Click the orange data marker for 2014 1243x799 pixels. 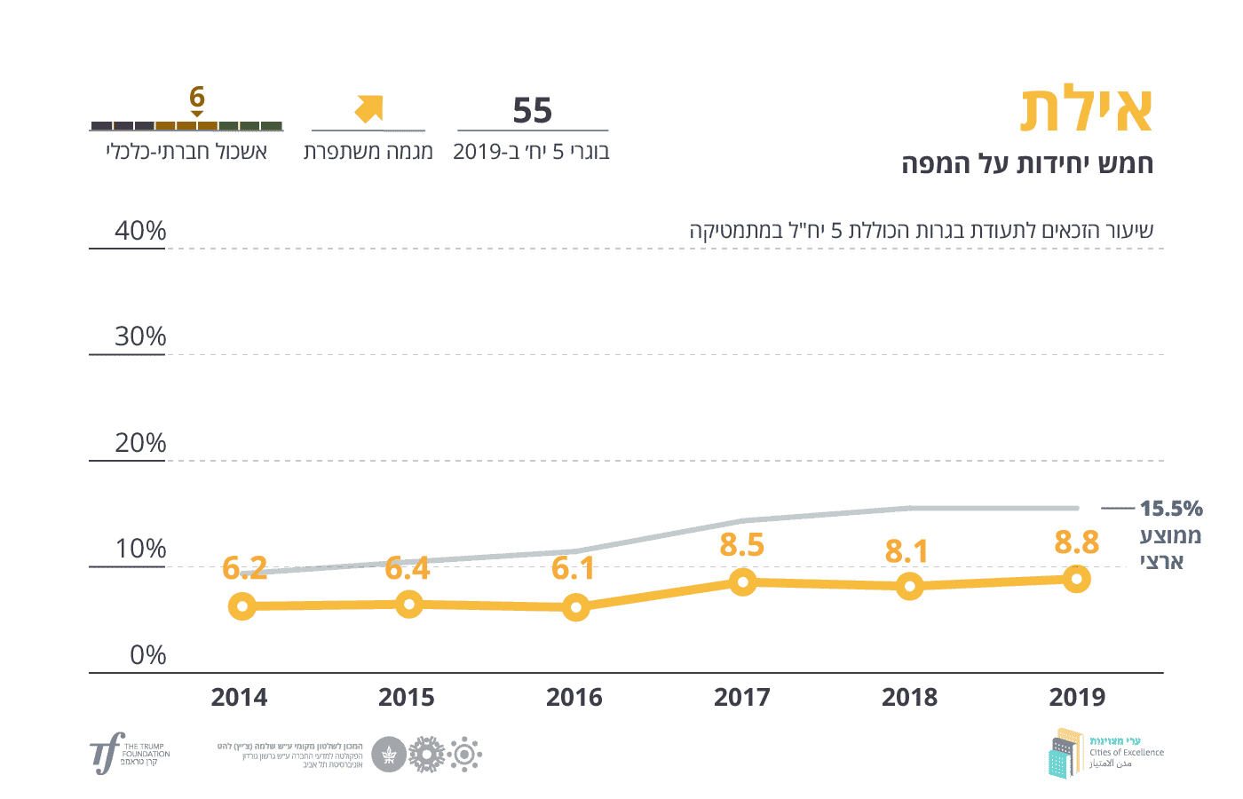click(241, 607)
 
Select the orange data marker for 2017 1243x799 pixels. click(743, 582)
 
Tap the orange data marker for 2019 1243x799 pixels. click(1076, 580)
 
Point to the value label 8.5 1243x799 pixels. click(742, 545)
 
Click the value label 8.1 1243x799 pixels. click(907, 551)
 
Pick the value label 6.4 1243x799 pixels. click(408, 568)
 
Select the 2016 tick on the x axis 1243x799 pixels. click(574, 698)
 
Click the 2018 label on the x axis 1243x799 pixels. click(909, 698)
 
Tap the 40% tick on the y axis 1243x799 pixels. click(140, 231)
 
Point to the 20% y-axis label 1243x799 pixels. click(140, 443)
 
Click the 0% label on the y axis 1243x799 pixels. click(148, 655)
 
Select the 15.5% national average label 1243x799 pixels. click(1171, 509)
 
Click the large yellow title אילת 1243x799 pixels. click(1087, 111)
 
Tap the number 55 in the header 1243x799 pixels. click(533, 111)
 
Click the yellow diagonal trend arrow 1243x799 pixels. click(368, 108)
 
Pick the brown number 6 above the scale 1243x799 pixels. click(197, 96)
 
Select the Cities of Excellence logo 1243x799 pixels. click(1105, 753)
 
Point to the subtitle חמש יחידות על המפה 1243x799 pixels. click(1027, 164)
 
